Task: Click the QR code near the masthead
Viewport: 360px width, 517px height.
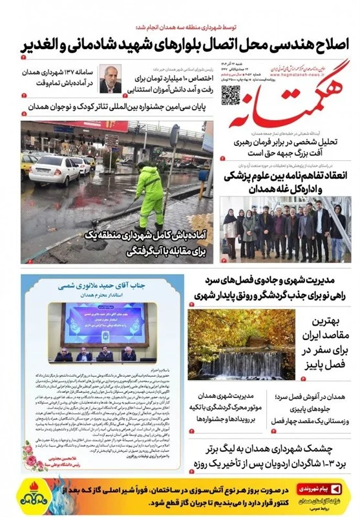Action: pyautogui.click(x=231, y=95)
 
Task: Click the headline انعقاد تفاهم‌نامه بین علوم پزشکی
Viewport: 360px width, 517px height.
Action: pyautogui.click(x=286, y=181)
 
